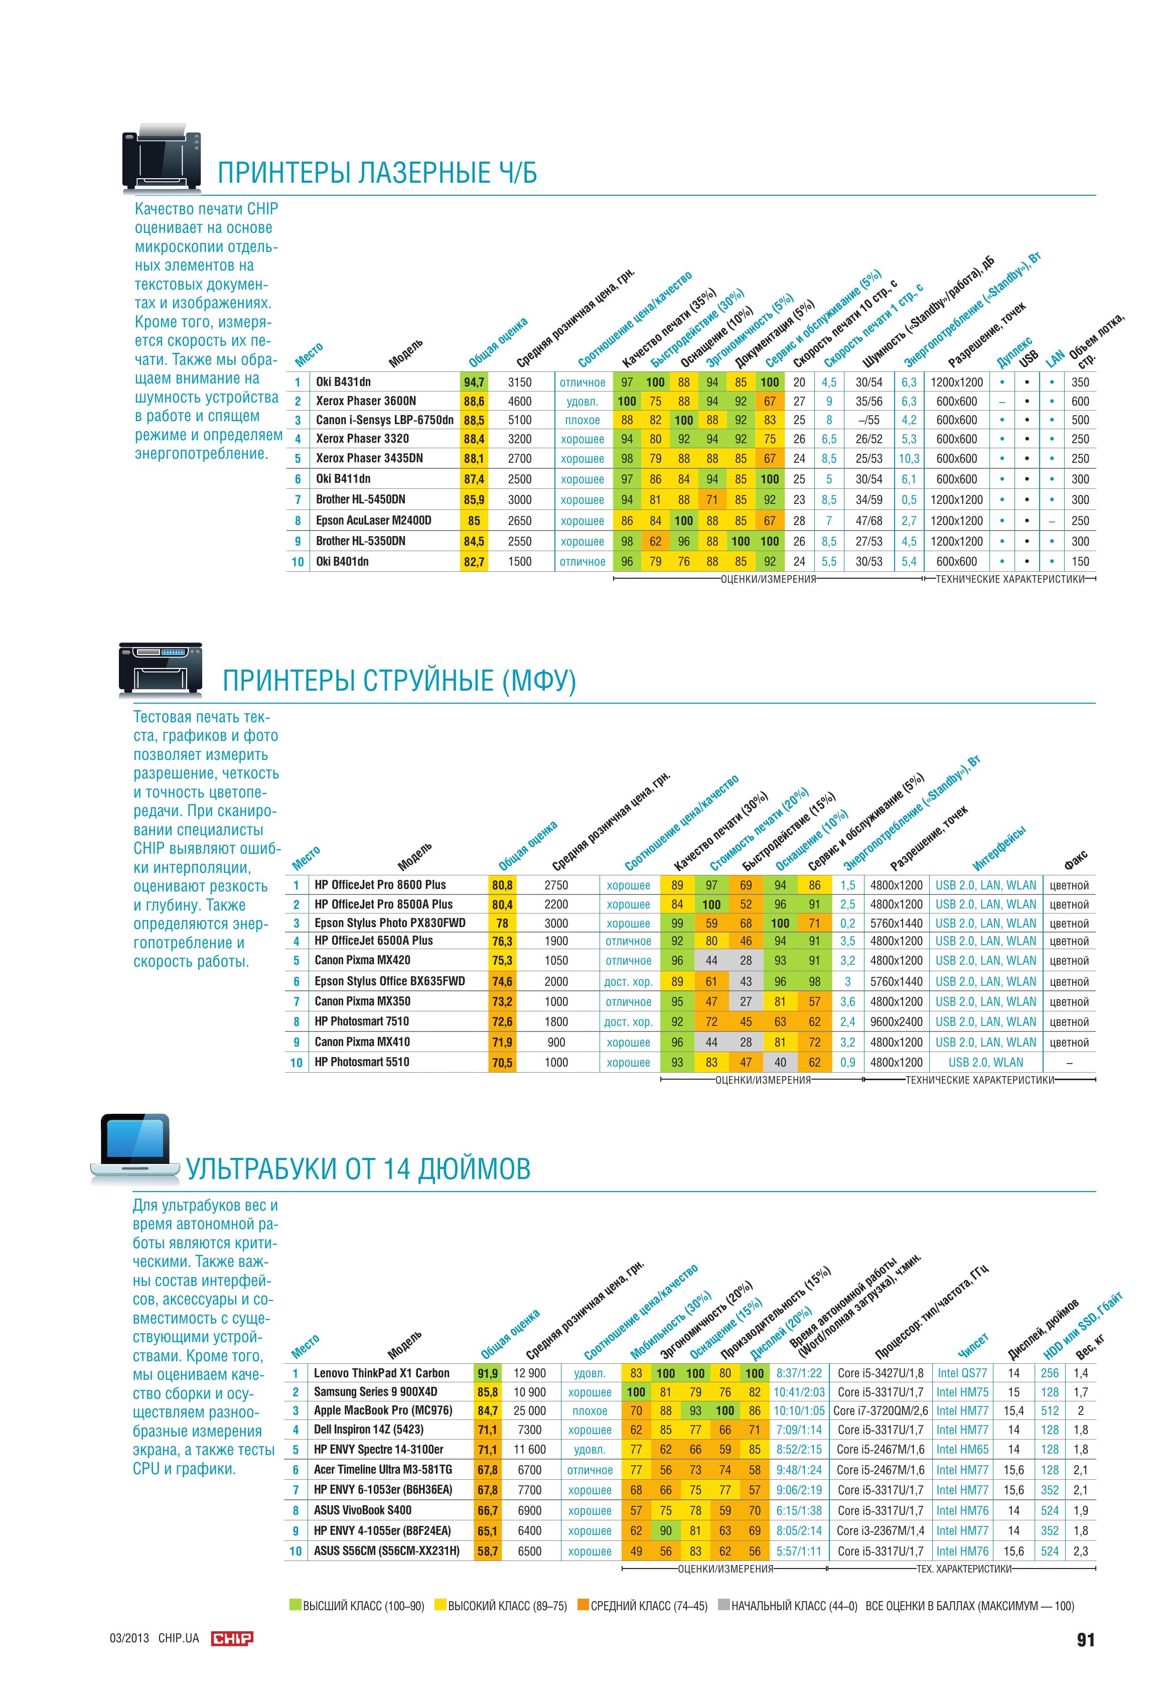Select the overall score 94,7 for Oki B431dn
coord(474,382)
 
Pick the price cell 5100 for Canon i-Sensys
coord(519,420)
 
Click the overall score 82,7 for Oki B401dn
coord(474,561)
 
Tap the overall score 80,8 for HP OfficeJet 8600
coord(502,885)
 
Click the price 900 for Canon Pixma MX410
coord(556,1042)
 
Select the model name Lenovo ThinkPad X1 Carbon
coord(382,1373)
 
